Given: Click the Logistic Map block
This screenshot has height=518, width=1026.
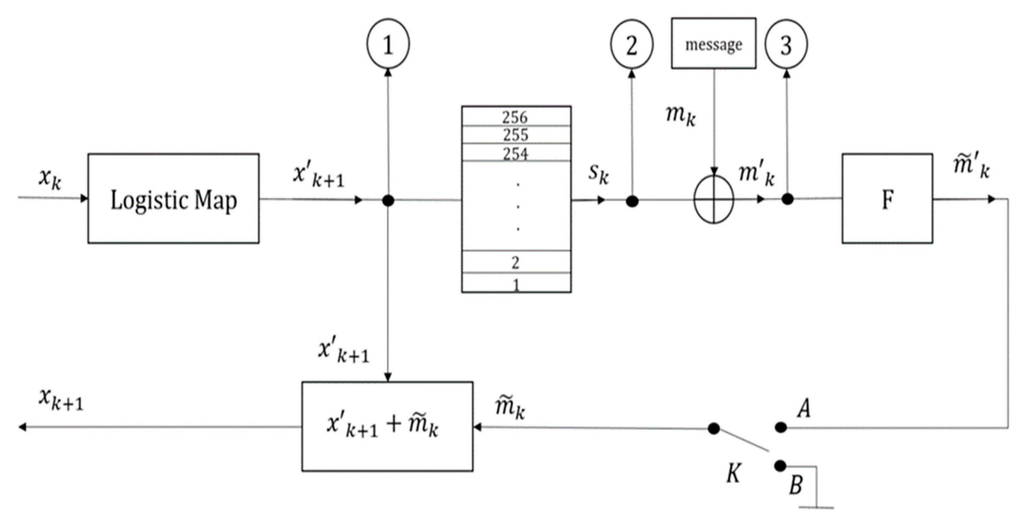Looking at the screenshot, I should coord(173,198).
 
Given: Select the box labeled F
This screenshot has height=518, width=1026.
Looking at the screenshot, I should coord(887,198).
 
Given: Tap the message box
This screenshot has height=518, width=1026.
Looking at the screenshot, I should coord(713,43).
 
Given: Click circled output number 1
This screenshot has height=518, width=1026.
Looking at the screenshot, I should coord(388,44).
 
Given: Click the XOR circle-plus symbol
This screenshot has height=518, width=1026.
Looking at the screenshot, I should coord(713,199).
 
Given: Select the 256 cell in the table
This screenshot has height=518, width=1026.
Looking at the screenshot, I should coord(516,116).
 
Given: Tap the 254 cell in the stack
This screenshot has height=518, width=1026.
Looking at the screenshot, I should coord(516,153).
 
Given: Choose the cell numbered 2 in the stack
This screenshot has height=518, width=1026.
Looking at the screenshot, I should coord(516,262).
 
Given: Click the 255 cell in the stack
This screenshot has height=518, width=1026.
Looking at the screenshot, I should coord(516,135).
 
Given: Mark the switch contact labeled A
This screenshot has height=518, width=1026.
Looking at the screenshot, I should coord(781,428).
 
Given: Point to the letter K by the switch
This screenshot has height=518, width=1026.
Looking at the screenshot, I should coord(733,473).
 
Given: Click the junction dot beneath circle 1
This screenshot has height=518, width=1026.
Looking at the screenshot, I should coord(388,200).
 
